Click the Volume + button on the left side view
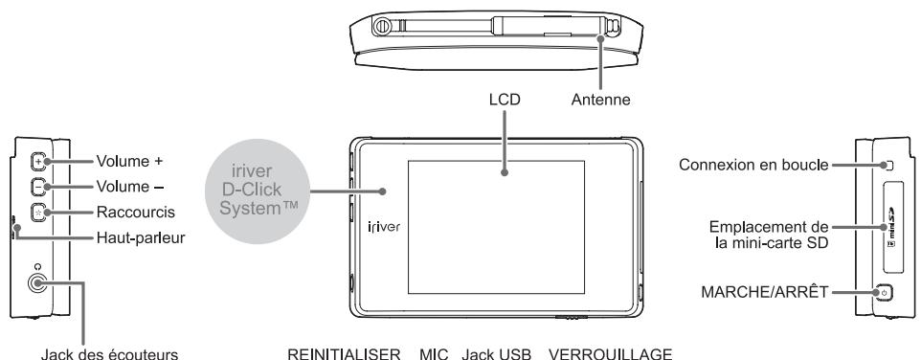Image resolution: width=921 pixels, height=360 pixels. point(36,161)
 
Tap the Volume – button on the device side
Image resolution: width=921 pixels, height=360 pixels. point(36,187)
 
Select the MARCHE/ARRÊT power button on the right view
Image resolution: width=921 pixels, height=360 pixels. point(884,293)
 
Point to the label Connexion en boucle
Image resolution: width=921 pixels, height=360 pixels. point(753,165)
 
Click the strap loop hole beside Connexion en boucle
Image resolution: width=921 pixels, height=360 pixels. point(888,165)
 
